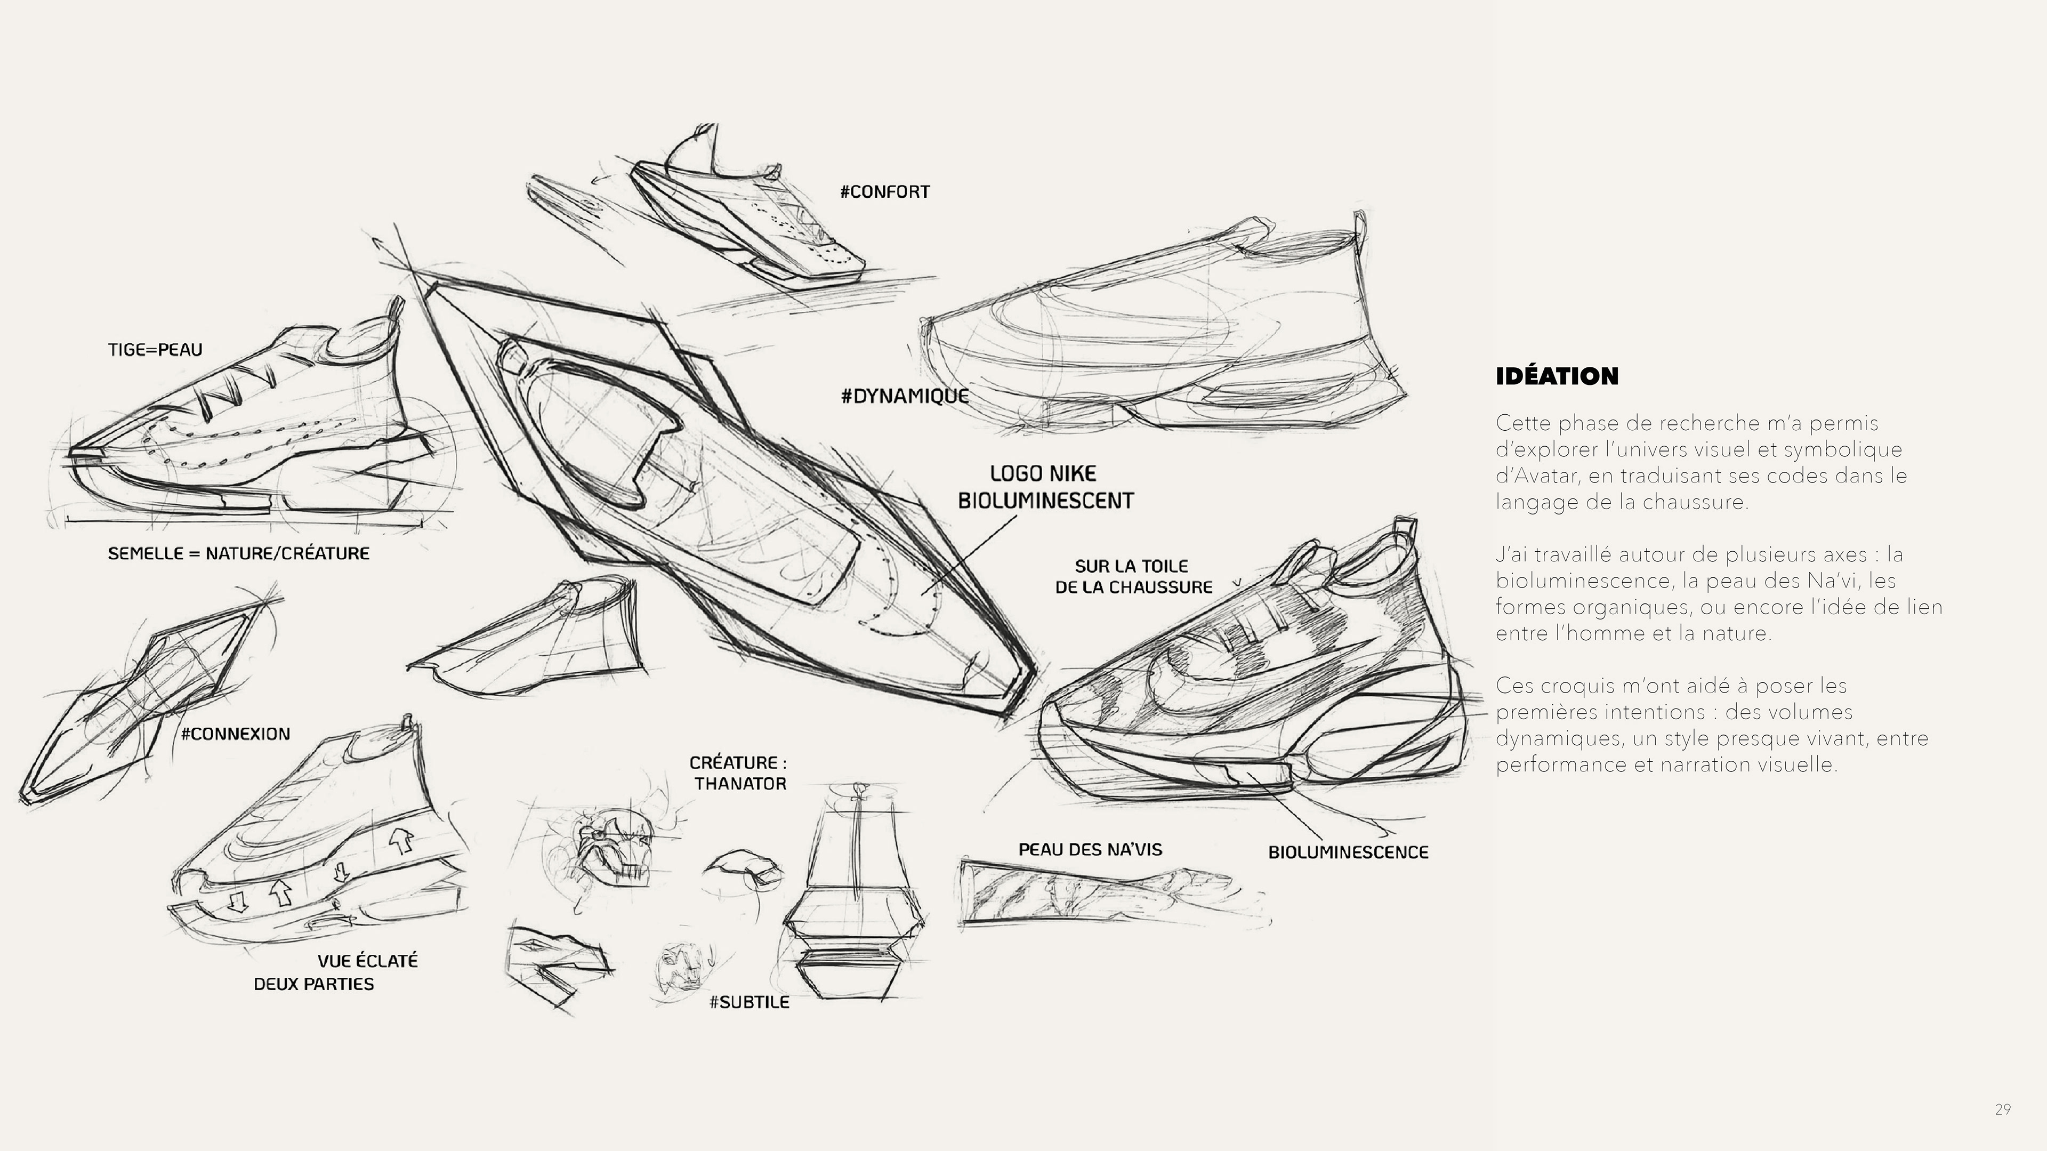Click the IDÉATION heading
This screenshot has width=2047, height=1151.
(1556, 376)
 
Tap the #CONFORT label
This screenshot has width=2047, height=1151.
(884, 191)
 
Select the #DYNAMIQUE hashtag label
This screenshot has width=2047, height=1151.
(904, 396)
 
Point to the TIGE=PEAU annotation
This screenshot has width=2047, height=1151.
(155, 350)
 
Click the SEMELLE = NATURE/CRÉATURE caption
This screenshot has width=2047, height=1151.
(238, 553)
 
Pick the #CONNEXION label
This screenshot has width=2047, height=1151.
(235, 734)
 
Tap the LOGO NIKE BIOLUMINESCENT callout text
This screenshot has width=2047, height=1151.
(1045, 487)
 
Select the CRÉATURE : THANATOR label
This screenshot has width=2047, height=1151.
(739, 772)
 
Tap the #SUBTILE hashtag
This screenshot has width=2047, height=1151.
(748, 1002)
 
